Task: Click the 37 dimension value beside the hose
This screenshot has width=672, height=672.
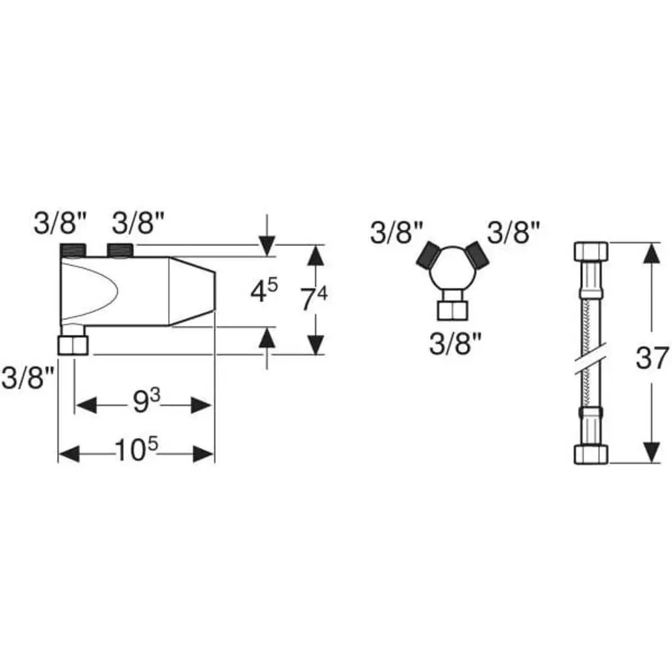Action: (652, 358)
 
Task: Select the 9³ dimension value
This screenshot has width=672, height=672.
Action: (146, 401)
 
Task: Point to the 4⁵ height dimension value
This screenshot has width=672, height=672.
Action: (264, 290)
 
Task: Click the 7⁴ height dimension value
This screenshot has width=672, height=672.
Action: (313, 298)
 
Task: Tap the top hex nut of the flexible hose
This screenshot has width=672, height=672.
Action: (591, 251)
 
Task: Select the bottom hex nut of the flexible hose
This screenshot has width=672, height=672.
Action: (591, 454)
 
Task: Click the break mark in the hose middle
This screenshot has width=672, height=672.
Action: (592, 358)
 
